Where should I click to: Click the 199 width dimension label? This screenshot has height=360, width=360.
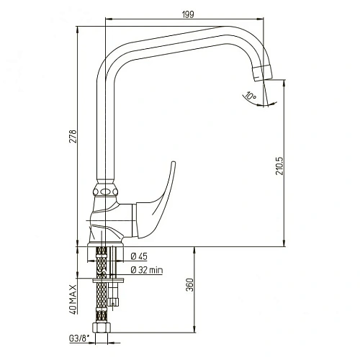188,14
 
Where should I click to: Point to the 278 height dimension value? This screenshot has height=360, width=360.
73,136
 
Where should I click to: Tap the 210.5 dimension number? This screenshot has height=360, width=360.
279,166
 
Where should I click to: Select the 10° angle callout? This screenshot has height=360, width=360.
250,96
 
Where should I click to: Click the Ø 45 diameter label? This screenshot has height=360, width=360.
139,256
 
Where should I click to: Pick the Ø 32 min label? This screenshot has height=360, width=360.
147,270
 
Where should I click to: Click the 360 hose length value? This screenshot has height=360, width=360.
189,285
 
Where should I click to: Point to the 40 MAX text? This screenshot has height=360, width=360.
73,300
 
